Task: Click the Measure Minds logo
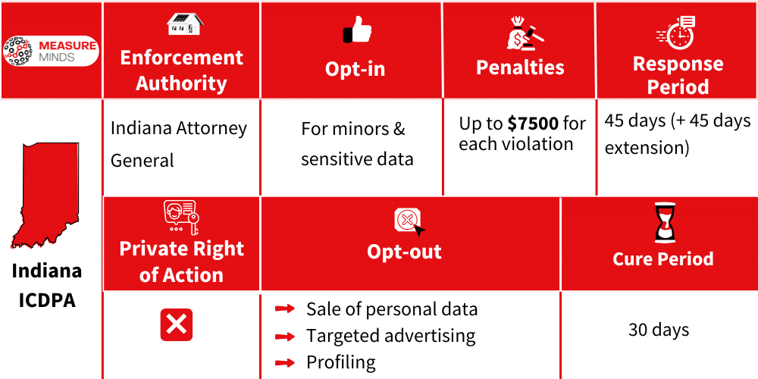point(51,51)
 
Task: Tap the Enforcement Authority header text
point(181,70)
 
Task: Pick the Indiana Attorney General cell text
point(179,144)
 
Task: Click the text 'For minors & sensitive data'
point(356,144)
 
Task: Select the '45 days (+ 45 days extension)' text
point(677,133)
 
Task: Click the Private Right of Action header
point(181,262)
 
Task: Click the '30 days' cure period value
point(659,330)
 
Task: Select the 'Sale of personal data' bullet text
point(392,309)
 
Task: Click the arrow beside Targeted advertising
point(285,336)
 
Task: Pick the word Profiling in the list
point(340,362)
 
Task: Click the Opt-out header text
point(404,252)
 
